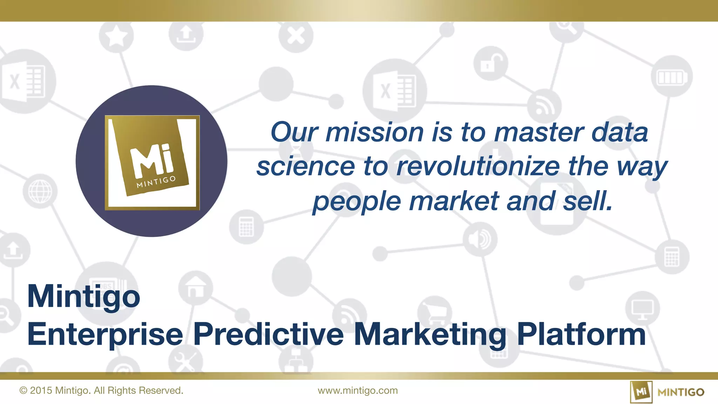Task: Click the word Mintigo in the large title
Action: coord(83,297)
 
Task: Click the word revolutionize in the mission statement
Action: coord(478,166)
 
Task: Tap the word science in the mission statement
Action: coord(305,166)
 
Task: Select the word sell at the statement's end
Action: coord(588,201)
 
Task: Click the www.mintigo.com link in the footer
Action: coord(358,391)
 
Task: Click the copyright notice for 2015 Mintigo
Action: coord(101,391)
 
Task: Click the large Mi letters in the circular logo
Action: coord(152,161)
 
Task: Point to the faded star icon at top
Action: coord(116,36)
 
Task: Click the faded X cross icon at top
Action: coord(296,36)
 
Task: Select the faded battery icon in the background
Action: coord(671,77)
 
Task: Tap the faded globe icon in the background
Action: coord(40,191)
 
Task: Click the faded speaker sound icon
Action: coord(480,239)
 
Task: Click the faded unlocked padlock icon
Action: coord(490,63)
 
